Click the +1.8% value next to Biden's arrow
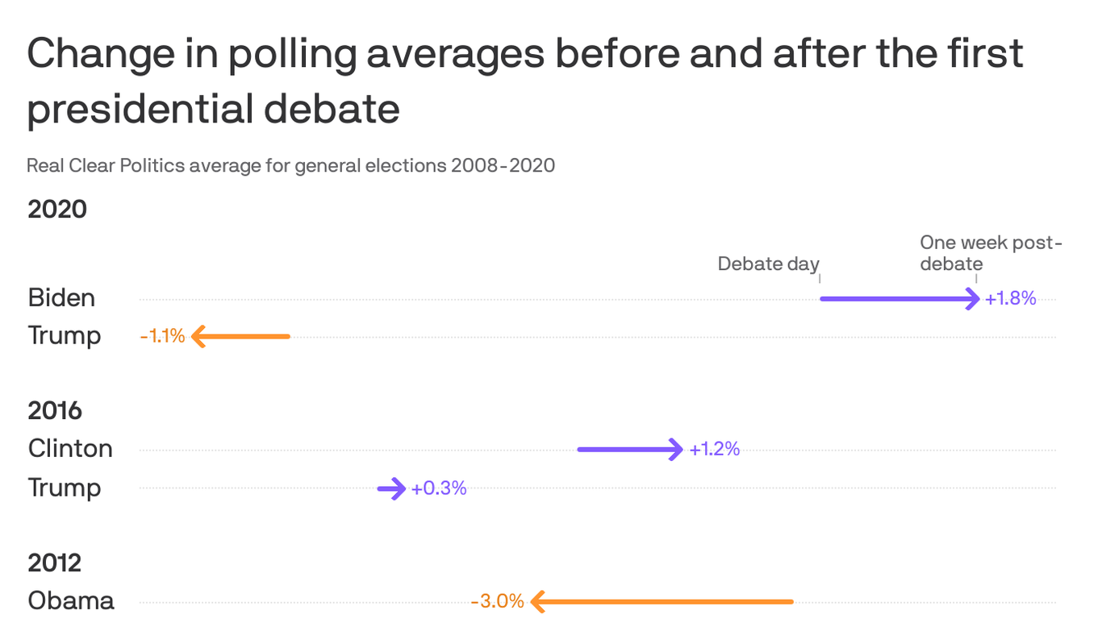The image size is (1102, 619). click(1010, 299)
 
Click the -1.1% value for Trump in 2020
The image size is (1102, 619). click(162, 336)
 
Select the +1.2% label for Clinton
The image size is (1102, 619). click(714, 449)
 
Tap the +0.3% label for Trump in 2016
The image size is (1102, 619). click(439, 488)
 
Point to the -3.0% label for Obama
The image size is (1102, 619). click(497, 601)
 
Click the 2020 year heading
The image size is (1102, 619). click(57, 210)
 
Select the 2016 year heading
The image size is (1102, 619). click(55, 410)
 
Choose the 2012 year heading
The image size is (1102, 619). click(55, 563)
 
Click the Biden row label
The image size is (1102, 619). click(61, 297)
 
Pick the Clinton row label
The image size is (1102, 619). click(70, 448)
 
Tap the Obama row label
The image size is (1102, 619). click(71, 600)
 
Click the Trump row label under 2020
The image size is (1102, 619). click(65, 335)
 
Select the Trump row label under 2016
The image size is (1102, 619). click(65, 488)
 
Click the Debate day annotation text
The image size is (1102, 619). click(768, 264)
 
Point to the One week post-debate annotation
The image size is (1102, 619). click(991, 253)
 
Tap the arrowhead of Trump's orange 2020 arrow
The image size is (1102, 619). click(198, 336)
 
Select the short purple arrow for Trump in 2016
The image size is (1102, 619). click(392, 488)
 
